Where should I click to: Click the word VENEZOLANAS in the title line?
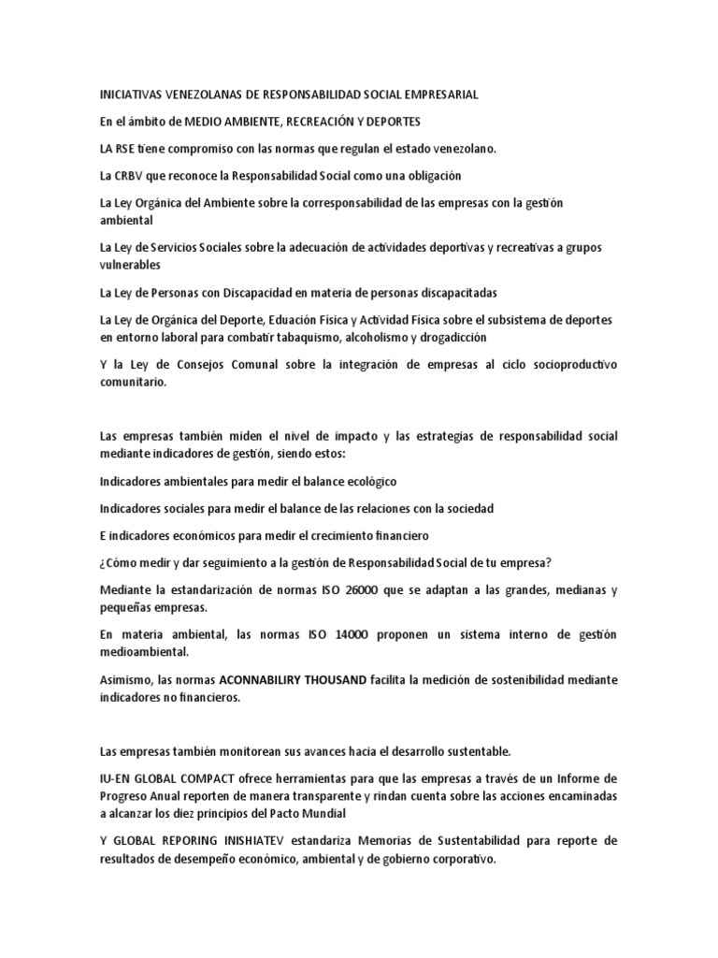point(198,94)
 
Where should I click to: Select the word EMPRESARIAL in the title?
point(438,94)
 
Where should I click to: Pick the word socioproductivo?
point(564,364)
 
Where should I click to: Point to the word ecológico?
point(365,481)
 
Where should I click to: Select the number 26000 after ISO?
point(341,589)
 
